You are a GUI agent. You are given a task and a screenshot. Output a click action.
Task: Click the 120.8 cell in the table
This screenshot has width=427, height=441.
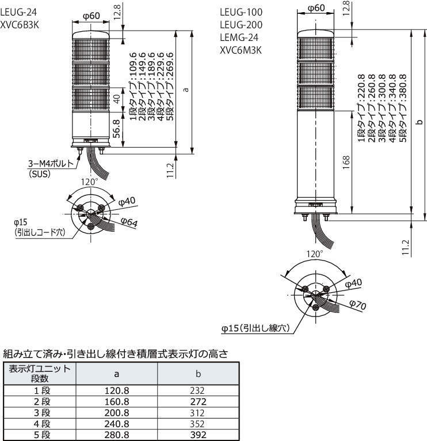117,391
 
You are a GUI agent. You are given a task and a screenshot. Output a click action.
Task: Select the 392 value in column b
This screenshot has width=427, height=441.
198,435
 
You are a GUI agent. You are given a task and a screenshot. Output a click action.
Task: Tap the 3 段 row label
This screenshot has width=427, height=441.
43,413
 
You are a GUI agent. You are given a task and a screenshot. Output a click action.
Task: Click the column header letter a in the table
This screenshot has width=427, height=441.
117,374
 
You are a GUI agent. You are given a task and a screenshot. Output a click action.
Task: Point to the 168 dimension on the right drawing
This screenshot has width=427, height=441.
346,163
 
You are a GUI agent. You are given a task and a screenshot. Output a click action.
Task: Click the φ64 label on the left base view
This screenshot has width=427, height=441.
129,222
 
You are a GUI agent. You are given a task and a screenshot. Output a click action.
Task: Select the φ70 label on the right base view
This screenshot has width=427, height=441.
358,304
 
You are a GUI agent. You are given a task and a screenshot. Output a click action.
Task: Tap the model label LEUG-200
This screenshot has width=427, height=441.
241,25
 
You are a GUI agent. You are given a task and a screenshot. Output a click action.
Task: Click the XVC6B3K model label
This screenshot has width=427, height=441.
20,25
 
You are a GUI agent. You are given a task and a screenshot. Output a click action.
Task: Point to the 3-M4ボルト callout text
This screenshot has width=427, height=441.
51,163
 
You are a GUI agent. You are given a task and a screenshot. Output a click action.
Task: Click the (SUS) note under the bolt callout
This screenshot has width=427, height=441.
40,174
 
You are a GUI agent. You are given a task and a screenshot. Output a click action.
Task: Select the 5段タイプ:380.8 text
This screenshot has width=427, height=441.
402,108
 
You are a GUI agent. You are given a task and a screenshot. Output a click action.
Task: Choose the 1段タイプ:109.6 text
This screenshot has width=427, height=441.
133,86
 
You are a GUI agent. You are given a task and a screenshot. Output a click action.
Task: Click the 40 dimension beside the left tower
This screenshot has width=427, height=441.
116,99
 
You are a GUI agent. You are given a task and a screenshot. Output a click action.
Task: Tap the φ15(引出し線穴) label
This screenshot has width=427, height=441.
255,328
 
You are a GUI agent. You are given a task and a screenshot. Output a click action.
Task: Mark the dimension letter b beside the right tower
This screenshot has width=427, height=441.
420,122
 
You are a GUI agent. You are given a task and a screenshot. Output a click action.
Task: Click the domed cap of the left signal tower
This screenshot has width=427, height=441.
91,35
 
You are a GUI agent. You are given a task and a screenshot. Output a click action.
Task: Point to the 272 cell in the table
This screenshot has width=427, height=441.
198,402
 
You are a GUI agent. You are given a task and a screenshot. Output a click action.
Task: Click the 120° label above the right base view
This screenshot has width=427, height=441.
315,254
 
